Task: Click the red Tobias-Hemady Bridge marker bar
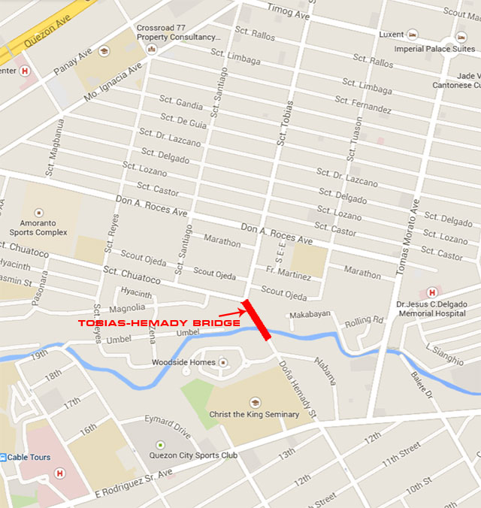[257, 320]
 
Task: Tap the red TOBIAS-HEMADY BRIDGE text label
[159, 323]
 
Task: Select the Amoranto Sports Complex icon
[39, 212]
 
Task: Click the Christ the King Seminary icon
[254, 403]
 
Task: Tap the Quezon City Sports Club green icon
[159, 445]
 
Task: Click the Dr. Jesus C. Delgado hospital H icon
[432, 292]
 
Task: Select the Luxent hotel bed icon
[412, 35]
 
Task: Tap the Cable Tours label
[29, 457]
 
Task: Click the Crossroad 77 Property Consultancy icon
[151, 50]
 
